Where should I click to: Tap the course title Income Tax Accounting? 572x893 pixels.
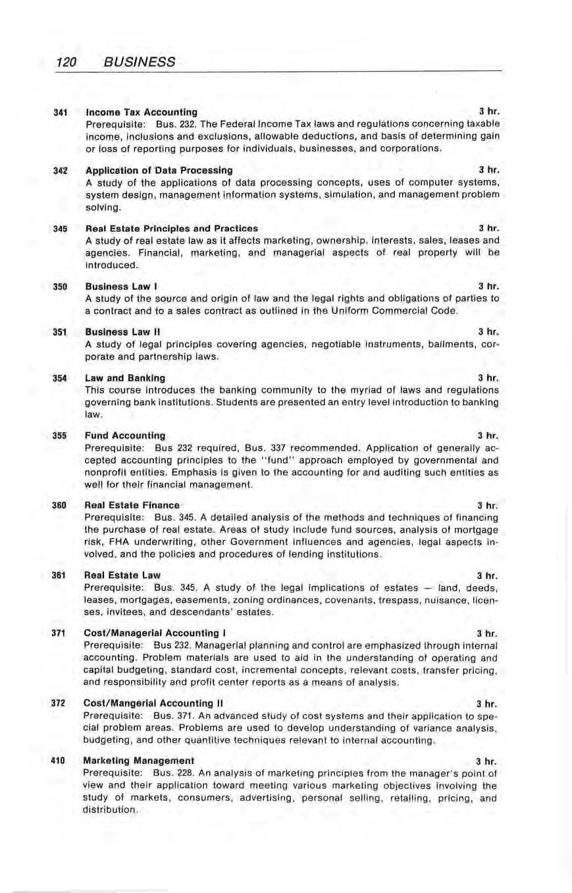[x=142, y=111]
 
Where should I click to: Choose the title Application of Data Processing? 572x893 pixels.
[x=159, y=170]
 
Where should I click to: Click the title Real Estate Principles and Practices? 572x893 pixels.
[x=172, y=228]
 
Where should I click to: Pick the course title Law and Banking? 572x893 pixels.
[x=126, y=378]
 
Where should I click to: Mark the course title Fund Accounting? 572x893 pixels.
[x=126, y=435]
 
